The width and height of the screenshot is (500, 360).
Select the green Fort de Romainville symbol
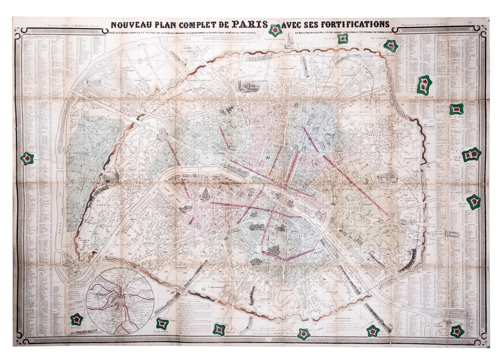point(424,85)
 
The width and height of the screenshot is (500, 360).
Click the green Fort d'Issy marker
point(76,319)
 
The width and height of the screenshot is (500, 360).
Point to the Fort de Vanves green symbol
point(162,323)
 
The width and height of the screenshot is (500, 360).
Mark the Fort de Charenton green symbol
point(457,331)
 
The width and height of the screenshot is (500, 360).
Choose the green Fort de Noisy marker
point(456,109)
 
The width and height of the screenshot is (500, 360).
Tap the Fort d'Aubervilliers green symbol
point(391,45)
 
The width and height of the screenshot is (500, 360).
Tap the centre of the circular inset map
point(120,301)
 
